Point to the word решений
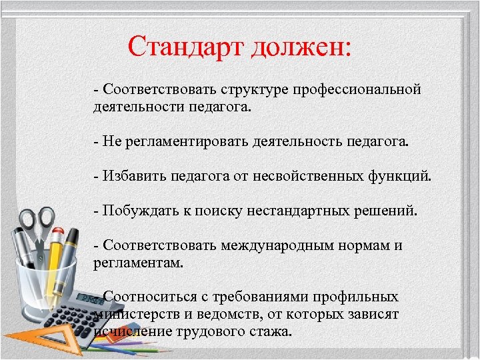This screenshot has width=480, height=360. click(x=387, y=211)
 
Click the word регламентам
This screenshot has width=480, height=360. click(x=138, y=263)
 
